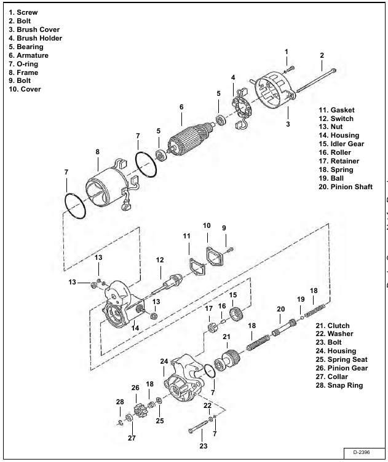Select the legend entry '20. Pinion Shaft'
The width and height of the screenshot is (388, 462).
[345, 187]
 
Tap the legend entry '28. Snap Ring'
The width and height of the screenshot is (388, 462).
[339, 385]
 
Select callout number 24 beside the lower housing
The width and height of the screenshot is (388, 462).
[164, 362]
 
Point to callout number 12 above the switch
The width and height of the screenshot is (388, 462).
[160, 260]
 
